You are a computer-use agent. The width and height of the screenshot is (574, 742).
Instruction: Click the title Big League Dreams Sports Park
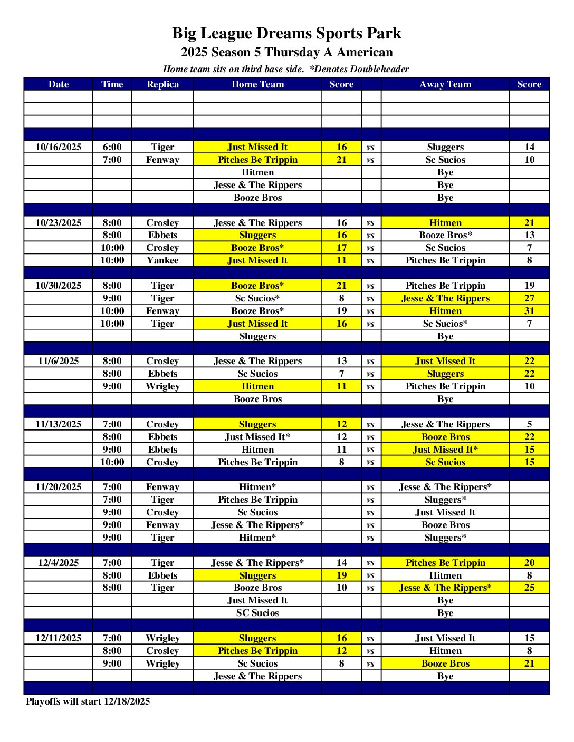click(286, 33)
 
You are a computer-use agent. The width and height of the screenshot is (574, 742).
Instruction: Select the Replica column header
click(162, 84)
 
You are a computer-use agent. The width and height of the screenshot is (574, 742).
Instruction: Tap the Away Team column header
click(445, 84)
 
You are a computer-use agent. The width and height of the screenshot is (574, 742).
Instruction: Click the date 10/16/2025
click(59, 147)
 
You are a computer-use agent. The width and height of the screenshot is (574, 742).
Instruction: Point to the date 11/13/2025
click(59, 424)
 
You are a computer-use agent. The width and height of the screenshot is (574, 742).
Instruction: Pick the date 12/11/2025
click(59, 638)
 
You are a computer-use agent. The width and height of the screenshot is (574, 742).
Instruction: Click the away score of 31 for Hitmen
click(529, 311)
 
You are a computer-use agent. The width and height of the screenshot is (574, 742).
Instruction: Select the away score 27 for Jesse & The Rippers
click(529, 298)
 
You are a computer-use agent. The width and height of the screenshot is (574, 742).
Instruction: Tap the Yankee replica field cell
click(162, 260)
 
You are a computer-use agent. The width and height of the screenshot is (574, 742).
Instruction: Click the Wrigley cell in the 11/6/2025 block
click(162, 386)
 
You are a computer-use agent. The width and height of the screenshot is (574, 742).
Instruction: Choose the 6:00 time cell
click(112, 147)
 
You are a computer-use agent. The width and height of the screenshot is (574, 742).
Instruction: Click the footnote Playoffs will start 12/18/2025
click(88, 701)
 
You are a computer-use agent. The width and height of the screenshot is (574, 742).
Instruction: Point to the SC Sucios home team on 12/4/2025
click(257, 613)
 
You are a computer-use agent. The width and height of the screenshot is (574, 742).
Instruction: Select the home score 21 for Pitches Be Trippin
click(341, 160)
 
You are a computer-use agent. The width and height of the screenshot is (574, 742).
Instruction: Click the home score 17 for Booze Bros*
click(341, 248)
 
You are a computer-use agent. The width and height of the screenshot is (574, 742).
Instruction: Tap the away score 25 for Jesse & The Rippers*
click(529, 588)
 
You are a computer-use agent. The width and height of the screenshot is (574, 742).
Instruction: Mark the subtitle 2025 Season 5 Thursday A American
click(286, 52)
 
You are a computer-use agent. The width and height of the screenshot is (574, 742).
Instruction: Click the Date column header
click(59, 84)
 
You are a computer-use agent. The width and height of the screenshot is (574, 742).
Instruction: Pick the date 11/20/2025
click(59, 487)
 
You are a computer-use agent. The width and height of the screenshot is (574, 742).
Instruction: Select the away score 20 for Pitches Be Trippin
click(529, 563)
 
